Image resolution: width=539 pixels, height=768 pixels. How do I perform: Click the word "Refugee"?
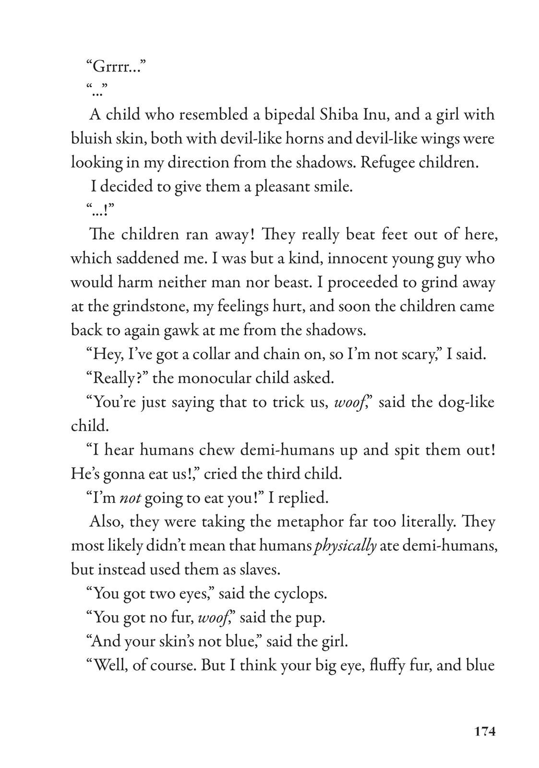pyautogui.click(x=386, y=163)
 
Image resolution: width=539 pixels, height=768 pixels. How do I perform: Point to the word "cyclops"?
pyautogui.click(x=300, y=594)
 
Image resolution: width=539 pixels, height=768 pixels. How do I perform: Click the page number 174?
pyautogui.click(x=484, y=732)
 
